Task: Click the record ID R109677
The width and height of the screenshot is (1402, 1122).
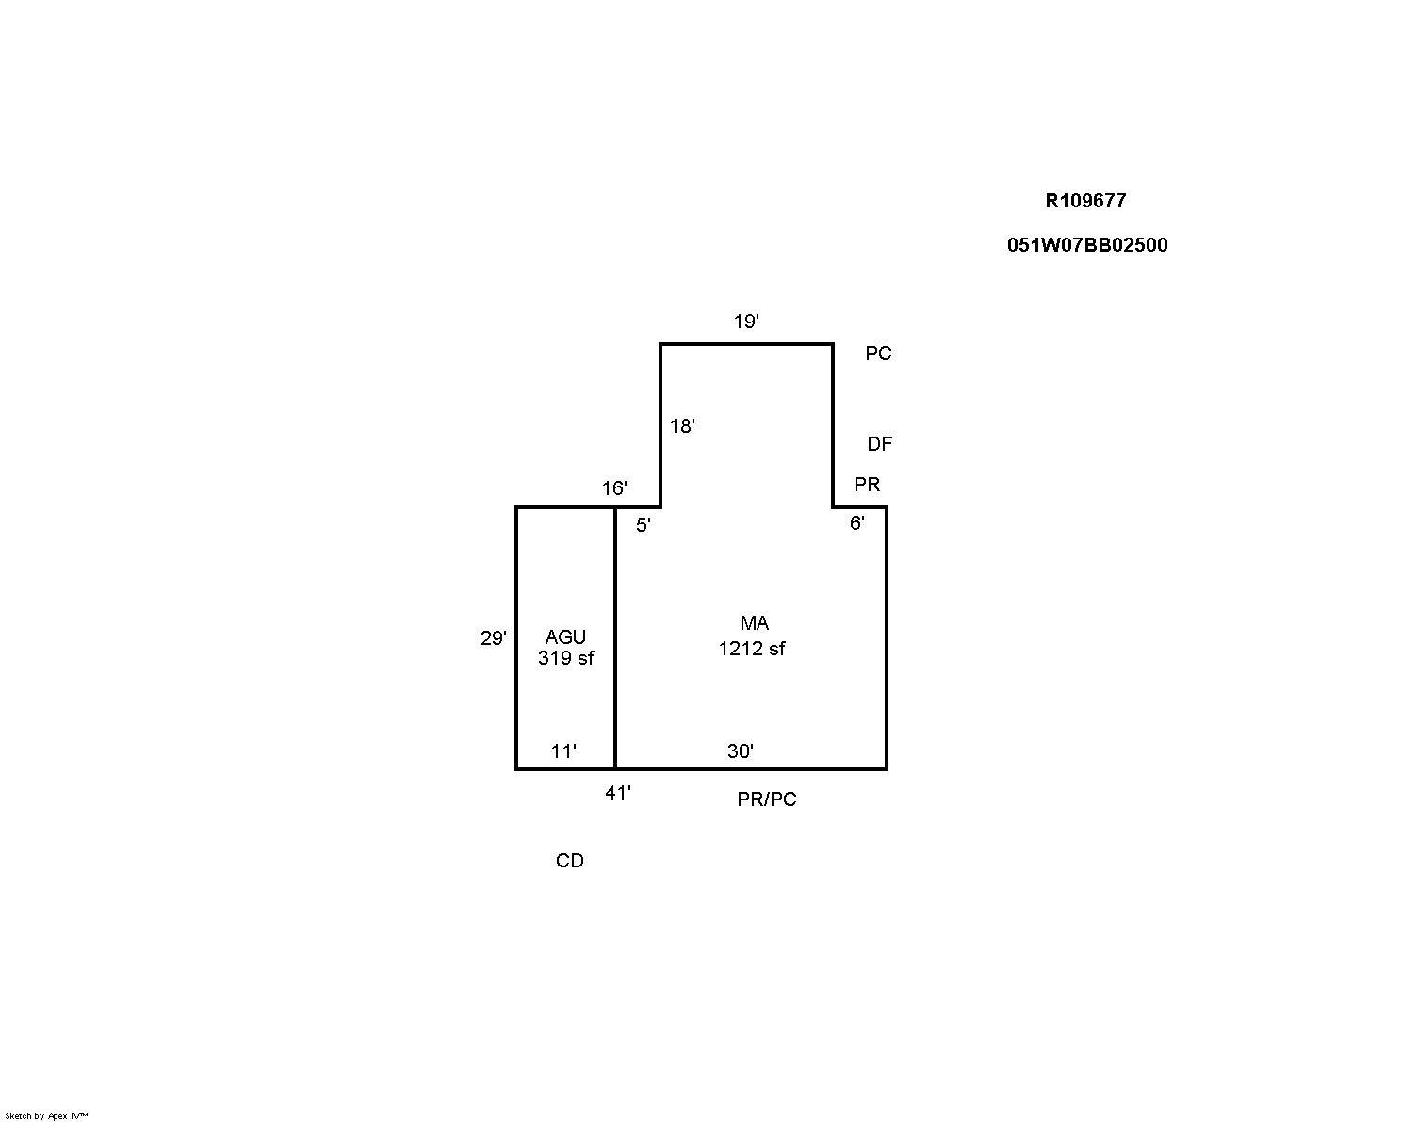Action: pos(1085,200)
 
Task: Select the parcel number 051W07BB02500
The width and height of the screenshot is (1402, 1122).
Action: pos(1087,245)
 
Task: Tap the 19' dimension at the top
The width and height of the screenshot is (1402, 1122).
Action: pos(746,322)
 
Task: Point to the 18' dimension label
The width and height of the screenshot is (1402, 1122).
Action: pos(682,426)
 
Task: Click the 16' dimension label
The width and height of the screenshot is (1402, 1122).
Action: pos(614,488)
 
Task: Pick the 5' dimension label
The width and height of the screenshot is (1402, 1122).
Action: pos(643,525)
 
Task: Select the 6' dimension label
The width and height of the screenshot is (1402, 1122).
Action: pos(857,523)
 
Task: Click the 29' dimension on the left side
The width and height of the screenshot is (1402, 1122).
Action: pos(493,638)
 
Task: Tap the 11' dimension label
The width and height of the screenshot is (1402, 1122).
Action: pos(563,751)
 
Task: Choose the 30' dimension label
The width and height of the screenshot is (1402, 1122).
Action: pos(741,751)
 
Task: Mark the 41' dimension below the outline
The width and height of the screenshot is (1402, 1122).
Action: pos(618,794)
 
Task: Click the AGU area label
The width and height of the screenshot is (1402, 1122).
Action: pos(565,637)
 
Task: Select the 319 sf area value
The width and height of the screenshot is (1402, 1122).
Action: pos(565,658)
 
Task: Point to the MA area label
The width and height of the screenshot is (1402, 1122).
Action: pos(755,623)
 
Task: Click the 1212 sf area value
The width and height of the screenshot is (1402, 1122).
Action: pos(752,649)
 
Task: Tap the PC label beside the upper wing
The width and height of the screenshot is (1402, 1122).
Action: pos(878,354)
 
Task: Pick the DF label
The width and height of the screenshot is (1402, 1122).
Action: pos(879,444)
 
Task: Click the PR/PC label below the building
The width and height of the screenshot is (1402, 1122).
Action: pos(767,800)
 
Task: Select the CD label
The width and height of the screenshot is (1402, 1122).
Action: pos(569,861)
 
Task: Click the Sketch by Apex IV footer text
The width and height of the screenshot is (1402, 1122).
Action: pos(46,1116)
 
